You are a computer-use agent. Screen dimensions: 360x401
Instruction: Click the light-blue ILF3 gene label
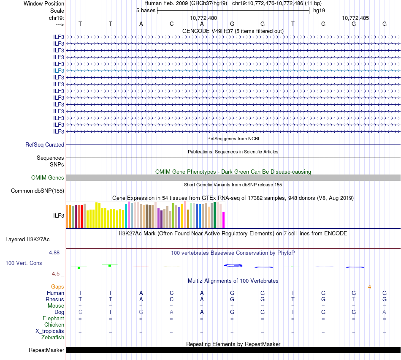[x=59, y=71]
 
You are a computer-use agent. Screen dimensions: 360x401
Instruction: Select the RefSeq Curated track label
[x=45, y=145]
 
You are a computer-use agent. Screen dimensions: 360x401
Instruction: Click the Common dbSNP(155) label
[x=38, y=191]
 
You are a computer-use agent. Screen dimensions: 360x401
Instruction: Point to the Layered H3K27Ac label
[x=27, y=239]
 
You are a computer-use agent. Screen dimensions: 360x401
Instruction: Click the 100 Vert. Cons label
[x=24, y=263]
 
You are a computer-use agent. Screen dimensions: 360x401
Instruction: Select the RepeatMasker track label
[x=46, y=350]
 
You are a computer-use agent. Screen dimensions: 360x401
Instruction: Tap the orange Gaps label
[x=57, y=286]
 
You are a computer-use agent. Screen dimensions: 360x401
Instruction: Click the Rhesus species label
[x=55, y=299]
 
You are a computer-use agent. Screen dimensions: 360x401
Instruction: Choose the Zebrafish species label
[x=53, y=337]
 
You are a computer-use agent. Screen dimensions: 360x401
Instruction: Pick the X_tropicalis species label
[x=50, y=331]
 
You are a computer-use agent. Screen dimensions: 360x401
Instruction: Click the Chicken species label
[x=54, y=325]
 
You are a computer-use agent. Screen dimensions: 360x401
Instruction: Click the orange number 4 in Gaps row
[x=369, y=286]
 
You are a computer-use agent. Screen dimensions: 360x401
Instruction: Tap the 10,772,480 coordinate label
[x=203, y=18]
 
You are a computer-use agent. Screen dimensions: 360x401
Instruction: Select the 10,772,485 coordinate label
[x=355, y=18]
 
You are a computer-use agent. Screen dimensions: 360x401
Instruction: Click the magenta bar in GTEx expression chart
[x=224, y=219]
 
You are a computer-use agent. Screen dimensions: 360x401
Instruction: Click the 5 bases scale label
[x=146, y=10]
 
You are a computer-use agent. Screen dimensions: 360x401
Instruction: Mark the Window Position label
[x=44, y=3]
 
